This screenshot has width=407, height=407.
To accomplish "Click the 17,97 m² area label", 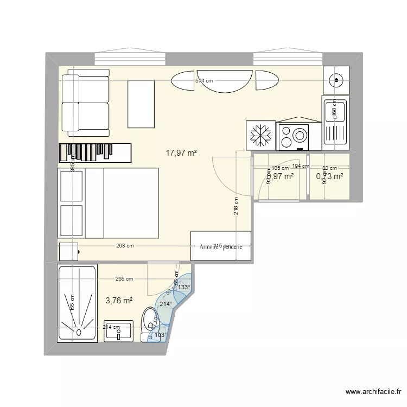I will (181, 153).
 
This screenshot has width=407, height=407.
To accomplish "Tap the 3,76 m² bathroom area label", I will (119, 300).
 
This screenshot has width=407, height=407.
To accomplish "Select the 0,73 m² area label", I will (329, 176).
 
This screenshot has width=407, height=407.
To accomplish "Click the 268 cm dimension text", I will (124, 246).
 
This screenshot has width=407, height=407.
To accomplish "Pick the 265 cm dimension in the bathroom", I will (124, 279).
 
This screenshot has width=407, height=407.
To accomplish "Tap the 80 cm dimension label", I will (329, 168).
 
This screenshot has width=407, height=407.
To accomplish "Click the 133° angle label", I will (185, 288).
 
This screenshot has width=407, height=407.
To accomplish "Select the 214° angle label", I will (166, 304).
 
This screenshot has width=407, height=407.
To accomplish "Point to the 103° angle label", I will (161, 335).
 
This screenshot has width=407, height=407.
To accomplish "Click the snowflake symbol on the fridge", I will (261, 135).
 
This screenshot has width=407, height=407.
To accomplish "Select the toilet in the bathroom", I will (149, 323).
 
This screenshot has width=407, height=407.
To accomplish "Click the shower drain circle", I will (79, 331).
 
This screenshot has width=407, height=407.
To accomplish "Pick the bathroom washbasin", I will (118, 330).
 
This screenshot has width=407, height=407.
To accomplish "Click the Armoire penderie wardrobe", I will (220, 246).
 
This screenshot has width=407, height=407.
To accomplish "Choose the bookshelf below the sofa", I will (95, 152).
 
